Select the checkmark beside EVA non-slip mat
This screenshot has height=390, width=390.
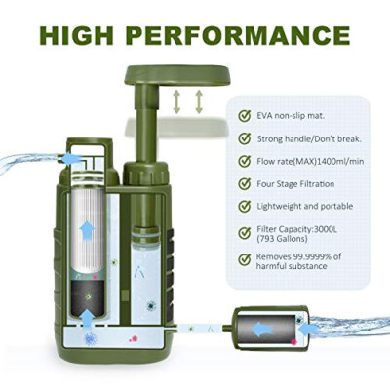pyautogui.click(x=244, y=115)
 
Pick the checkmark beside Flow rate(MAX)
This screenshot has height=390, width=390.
pyautogui.click(x=244, y=161)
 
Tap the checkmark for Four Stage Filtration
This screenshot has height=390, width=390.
pyautogui.click(x=244, y=183)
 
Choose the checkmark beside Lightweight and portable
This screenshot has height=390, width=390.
pyautogui.click(x=244, y=207)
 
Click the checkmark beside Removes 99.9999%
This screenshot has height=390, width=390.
pyautogui.click(x=244, y=259)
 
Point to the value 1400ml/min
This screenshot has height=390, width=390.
pyautogui.click(x=336, y=161)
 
